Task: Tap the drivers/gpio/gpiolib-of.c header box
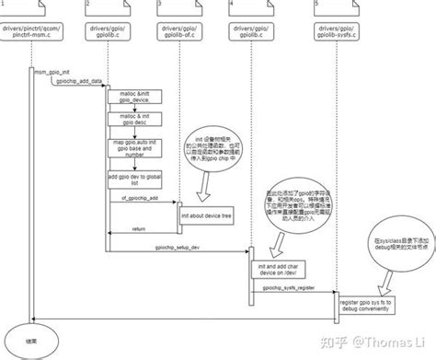point(182,34)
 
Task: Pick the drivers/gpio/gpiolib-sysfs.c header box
point(338,34)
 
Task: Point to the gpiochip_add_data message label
point(85,80)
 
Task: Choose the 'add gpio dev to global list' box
point(128,179)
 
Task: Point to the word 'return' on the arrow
point(139,229)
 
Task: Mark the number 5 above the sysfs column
point(316,6)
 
